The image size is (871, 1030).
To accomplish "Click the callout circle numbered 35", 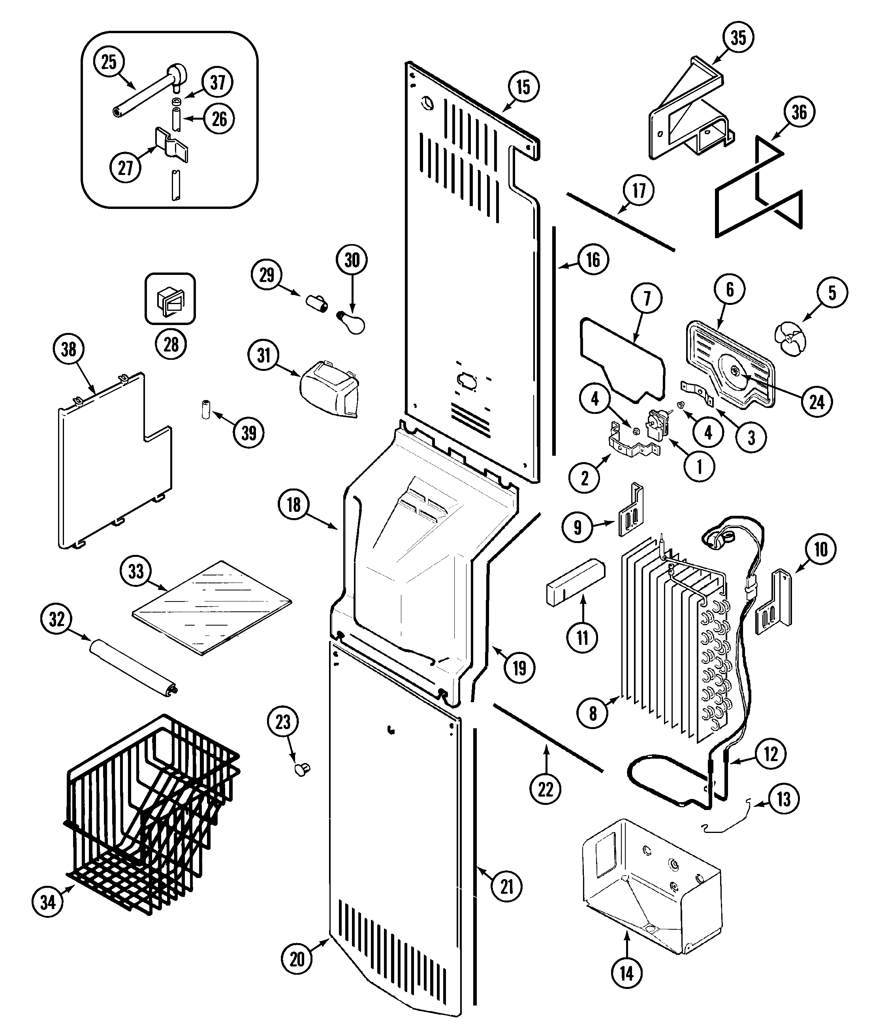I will pyautogui.click(x=738, y=38).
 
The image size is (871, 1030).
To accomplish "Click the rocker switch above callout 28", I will pyautogui.click(x=170, y=299).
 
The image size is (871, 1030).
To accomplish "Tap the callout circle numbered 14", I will pyautogui.click(x=626, y=974).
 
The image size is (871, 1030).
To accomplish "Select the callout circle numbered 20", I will pyautogui.click(x=297, y=959).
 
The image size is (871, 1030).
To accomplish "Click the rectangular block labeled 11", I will pyautogui.click(x=574, y=582).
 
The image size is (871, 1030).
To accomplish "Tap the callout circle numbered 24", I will pyautogui.click(x=817, y=402).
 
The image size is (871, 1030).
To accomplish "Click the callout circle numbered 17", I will pyautogui.click(x=639, y=190).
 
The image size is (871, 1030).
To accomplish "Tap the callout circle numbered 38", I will pyautogui.click(x=69, y=349).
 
